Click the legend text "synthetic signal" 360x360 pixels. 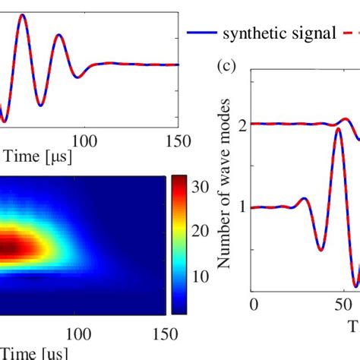[279, 33]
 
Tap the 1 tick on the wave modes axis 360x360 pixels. [242, 207]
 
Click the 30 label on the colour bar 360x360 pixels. [200, 185]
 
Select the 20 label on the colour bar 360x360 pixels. [200, 230]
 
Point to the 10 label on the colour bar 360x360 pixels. [200, 276]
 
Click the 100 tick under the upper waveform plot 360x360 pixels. [84, 139]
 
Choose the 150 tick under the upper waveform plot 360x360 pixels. [176, 139]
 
